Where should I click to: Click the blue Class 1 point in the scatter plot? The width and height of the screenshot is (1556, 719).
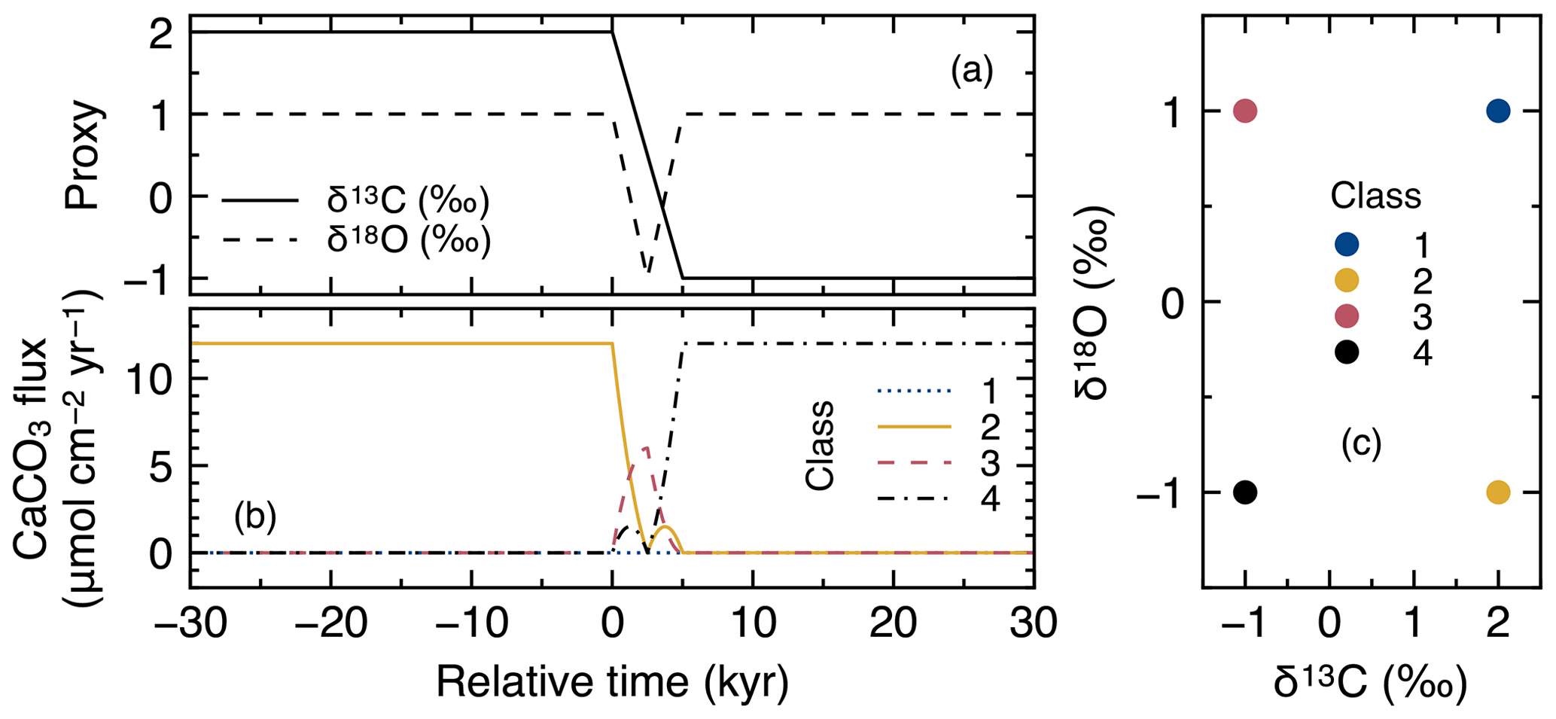click(1497, 111)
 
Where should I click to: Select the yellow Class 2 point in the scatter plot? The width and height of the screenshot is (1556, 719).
click(1497, 492)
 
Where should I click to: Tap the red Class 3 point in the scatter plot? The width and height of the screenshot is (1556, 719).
click(1245, 111)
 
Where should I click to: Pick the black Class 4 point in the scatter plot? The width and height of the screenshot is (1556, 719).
click(1245, 492)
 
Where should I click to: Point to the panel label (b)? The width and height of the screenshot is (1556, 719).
click(255, 518)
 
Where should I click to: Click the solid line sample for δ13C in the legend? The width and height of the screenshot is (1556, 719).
click(260, 201)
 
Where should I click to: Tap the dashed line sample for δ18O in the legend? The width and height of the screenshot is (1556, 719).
click(260, 240)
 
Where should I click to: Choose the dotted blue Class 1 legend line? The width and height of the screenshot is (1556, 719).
click(914, 391)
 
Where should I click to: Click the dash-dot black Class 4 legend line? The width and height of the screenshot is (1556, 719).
click(914, 498)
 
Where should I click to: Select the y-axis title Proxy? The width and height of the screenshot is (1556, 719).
click(84, 156)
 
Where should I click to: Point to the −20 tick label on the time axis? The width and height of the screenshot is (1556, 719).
click(330, 624)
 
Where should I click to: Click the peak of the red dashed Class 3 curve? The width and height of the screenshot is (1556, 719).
click(645, 447)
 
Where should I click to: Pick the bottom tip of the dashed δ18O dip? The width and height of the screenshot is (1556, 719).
click(647, 272)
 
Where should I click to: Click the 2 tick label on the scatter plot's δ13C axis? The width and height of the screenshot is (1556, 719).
click(1497, 624)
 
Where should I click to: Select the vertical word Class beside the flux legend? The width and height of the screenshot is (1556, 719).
click(819, 446)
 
